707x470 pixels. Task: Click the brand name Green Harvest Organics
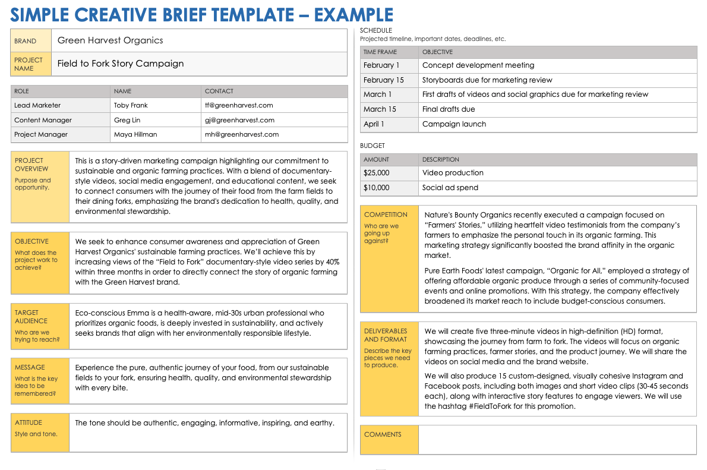(x=110, y=40)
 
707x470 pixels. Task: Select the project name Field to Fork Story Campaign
(x=121, y=64)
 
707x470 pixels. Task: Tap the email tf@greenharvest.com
(x=238, y=105)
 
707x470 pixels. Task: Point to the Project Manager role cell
(x=41, y=134)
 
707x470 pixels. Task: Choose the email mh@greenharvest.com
(x=241, y=134)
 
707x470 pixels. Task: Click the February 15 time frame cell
(x=383, y=80)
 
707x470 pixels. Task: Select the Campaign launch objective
(x=454, y=124)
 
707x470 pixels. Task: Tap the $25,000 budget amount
(x=377, y=173)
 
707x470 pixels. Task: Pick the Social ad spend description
(x=450, y=188)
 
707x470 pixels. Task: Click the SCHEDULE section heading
(x=376, y=30)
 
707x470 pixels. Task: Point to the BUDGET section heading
(x=373, y=146)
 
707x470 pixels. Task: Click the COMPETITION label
(x=386, y=215)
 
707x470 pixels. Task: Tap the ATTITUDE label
(x=29, y=422)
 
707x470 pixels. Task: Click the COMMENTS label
(x=383, y=434)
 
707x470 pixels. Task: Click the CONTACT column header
(x=219, y=91)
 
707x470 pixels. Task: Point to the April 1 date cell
(x=374, y=124)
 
